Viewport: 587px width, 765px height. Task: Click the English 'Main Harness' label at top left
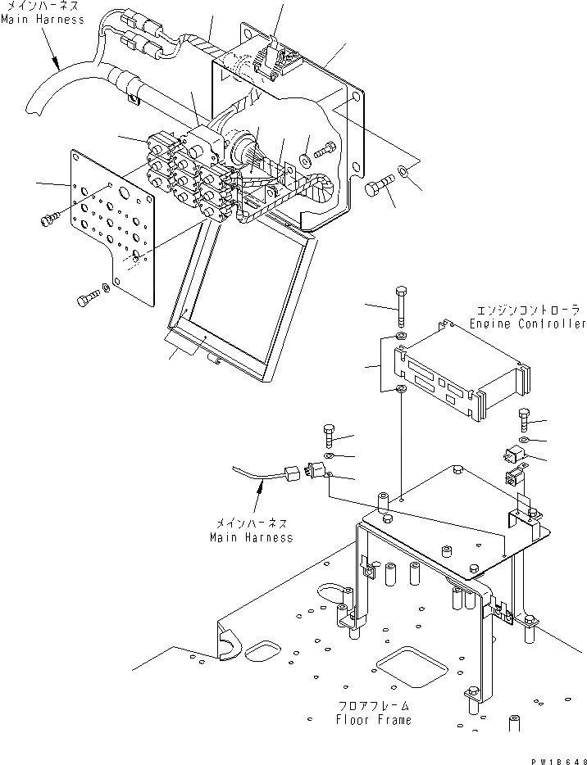click(x=43, y=19)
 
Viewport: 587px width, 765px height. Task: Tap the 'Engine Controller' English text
click(x=528, y=324)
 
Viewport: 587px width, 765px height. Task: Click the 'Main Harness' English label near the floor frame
click(x=251, y=538)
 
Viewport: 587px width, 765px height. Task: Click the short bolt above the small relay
click(x=525, y=420)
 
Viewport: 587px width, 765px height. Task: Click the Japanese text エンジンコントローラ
click(x=529, y=311)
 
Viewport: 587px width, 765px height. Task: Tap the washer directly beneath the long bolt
click(x=399, y=336)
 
